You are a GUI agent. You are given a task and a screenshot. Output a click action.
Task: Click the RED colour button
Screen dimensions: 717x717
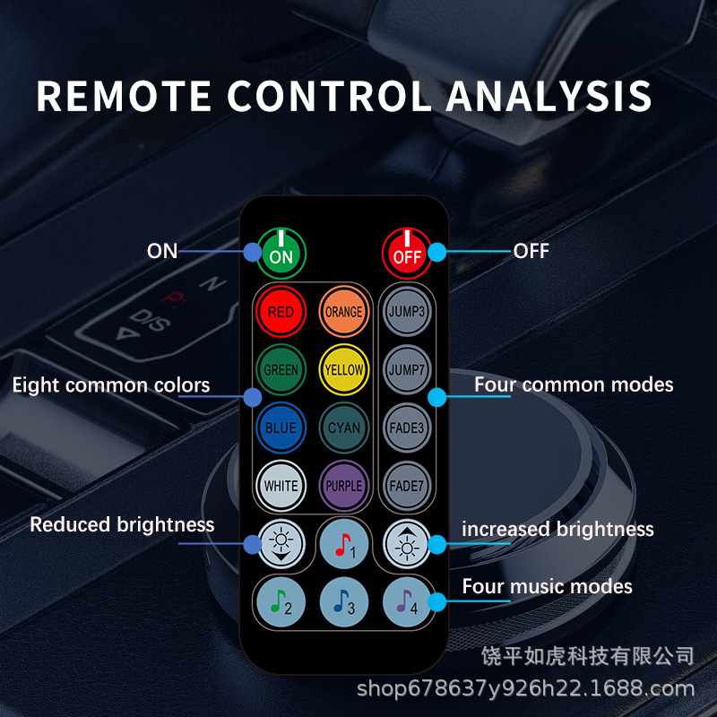click(281, 312)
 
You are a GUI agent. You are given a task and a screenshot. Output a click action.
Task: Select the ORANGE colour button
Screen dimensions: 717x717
click(343, 312)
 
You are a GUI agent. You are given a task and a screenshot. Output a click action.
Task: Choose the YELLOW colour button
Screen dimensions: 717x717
click(343, 369)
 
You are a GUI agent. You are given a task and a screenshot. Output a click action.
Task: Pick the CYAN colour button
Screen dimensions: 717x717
click(343, 428)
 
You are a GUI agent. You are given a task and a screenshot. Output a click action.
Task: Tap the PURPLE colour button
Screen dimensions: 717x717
click(343, 486)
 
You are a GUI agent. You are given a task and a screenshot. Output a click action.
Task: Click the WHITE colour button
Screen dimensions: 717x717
click(281, 486)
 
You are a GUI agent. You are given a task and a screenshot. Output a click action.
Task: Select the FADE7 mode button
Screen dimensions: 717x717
click(406, 486)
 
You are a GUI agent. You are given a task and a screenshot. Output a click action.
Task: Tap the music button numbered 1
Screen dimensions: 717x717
click(343, 545)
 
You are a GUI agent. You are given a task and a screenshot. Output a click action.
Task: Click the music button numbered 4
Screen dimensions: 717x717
click(406, 602)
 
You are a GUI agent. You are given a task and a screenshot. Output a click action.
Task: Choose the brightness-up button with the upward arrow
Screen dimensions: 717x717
click(406, 543)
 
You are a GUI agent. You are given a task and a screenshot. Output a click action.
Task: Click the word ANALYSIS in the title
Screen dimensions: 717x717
click(549, 96)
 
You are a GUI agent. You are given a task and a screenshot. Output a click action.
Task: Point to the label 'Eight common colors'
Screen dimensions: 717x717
click(111, 385)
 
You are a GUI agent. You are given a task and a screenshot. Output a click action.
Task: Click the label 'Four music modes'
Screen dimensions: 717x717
click(547, 587)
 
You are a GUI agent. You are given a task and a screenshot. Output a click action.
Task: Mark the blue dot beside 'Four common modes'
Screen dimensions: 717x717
click(437, 395)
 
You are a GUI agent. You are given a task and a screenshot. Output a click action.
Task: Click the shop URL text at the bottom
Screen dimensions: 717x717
click(525, 688)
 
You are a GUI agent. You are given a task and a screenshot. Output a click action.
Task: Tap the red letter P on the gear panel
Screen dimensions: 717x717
click(168, 297)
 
